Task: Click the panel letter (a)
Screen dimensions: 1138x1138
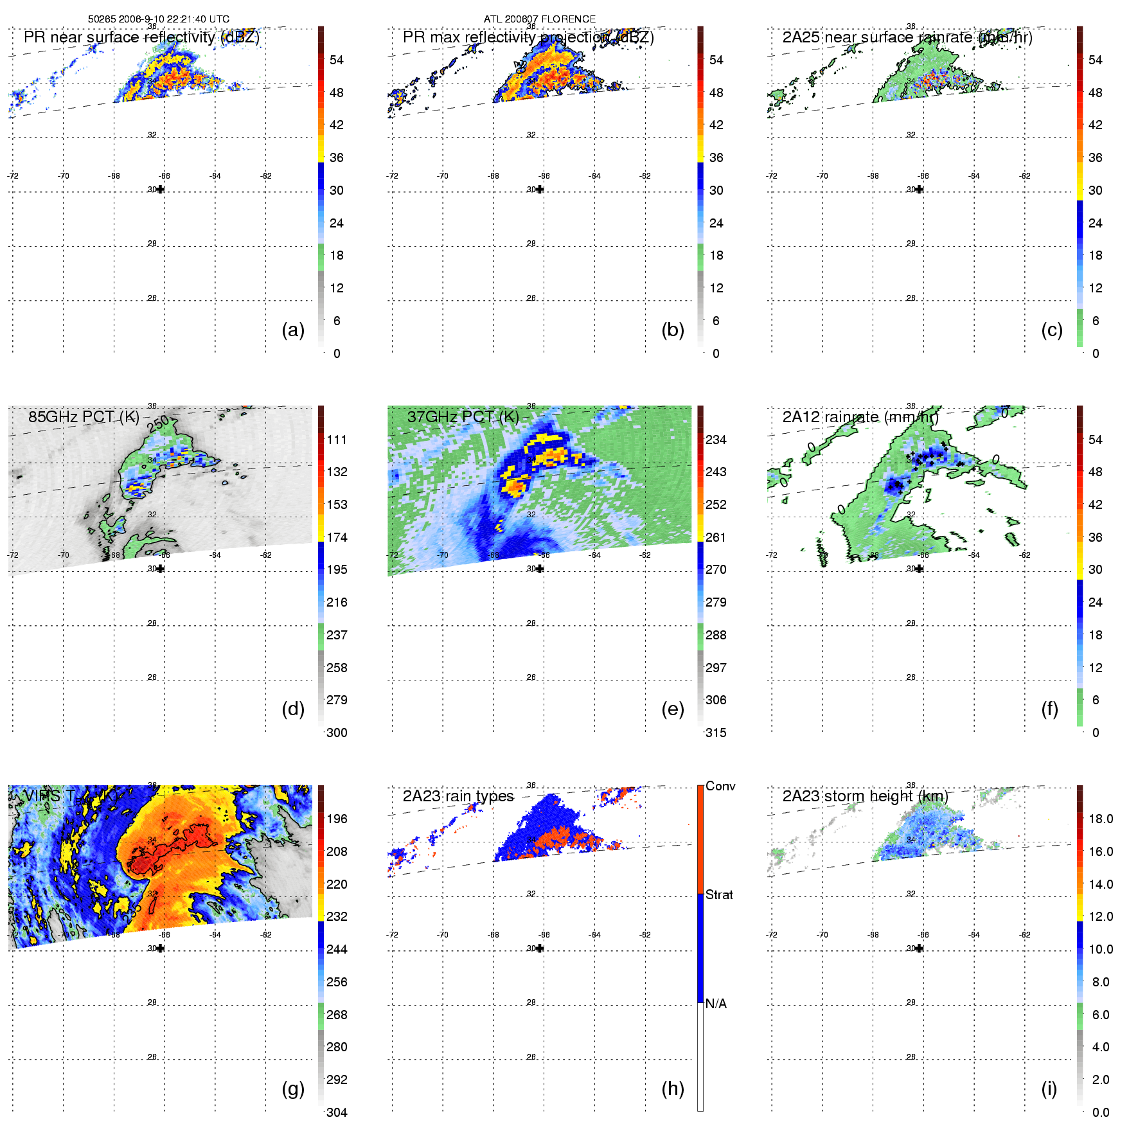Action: tap(293, 330)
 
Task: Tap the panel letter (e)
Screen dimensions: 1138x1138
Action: tap(672, 709)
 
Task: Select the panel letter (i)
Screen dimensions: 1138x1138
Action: tap(1049, 1089)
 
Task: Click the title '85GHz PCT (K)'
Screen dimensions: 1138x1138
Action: tap(84, 416)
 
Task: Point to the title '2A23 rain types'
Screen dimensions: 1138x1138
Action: tap(458, 796)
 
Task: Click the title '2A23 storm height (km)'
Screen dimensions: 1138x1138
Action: tap(865, 796)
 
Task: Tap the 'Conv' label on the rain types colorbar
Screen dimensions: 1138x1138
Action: tap(720, 786)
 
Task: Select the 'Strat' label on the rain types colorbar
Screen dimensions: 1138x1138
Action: tap(719, 894)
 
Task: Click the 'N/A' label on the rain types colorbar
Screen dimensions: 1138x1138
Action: tap(716, 1004)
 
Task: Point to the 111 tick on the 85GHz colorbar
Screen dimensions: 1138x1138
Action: tap(337, 440)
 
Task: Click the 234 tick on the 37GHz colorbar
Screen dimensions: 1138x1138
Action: tap(716, 440)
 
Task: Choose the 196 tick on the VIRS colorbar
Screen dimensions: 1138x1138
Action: tap(337, 819)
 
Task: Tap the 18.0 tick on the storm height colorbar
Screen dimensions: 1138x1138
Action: tap(1101, 819)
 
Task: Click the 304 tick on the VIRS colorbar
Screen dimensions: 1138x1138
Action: tap(337, 1112)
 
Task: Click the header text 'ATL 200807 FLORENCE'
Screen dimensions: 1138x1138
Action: tap(540, 19)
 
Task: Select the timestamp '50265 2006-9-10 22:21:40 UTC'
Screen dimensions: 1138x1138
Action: tap(159, 19)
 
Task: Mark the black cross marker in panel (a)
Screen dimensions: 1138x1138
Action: tap(160, 190)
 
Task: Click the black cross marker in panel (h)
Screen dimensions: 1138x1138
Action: tap(540, 948)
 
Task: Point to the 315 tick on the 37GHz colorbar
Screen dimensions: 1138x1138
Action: tap(716, 733)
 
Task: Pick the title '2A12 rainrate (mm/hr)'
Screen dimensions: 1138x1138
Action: tap(860, 416)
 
